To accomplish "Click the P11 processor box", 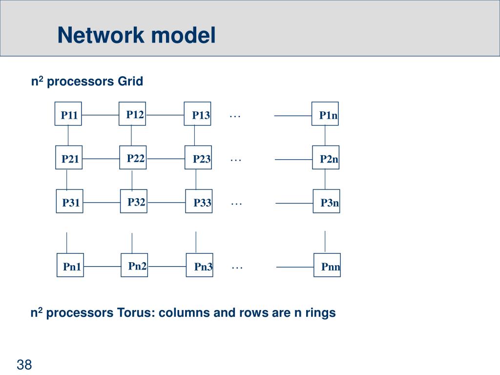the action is (x=68, y=114).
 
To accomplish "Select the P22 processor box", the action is (x=133, y=158).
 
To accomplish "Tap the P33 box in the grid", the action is (x=199, y=201).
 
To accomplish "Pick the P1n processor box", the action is (x=325, y=114).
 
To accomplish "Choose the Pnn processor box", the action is (x=327, y=265).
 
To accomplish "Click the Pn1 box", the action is (x=70, y=265).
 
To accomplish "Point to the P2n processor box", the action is (x=326, y=158).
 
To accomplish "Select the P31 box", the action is (x=69, y=201).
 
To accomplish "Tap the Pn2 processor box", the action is (x=134, y=265).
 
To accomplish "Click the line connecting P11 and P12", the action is (x=100, y=115).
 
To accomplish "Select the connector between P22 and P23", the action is (x=166, y=159).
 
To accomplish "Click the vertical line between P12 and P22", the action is (x=131, y=136).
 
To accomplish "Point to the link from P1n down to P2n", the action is (x=325, y=136).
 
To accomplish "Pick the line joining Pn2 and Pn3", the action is (x=167, y=266).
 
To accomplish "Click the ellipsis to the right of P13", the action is (x=235, y=117).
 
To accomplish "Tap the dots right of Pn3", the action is (x=237, y=268).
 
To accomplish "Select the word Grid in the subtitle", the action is (x=130, y=82).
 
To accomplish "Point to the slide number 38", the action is (x=24, y=364).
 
